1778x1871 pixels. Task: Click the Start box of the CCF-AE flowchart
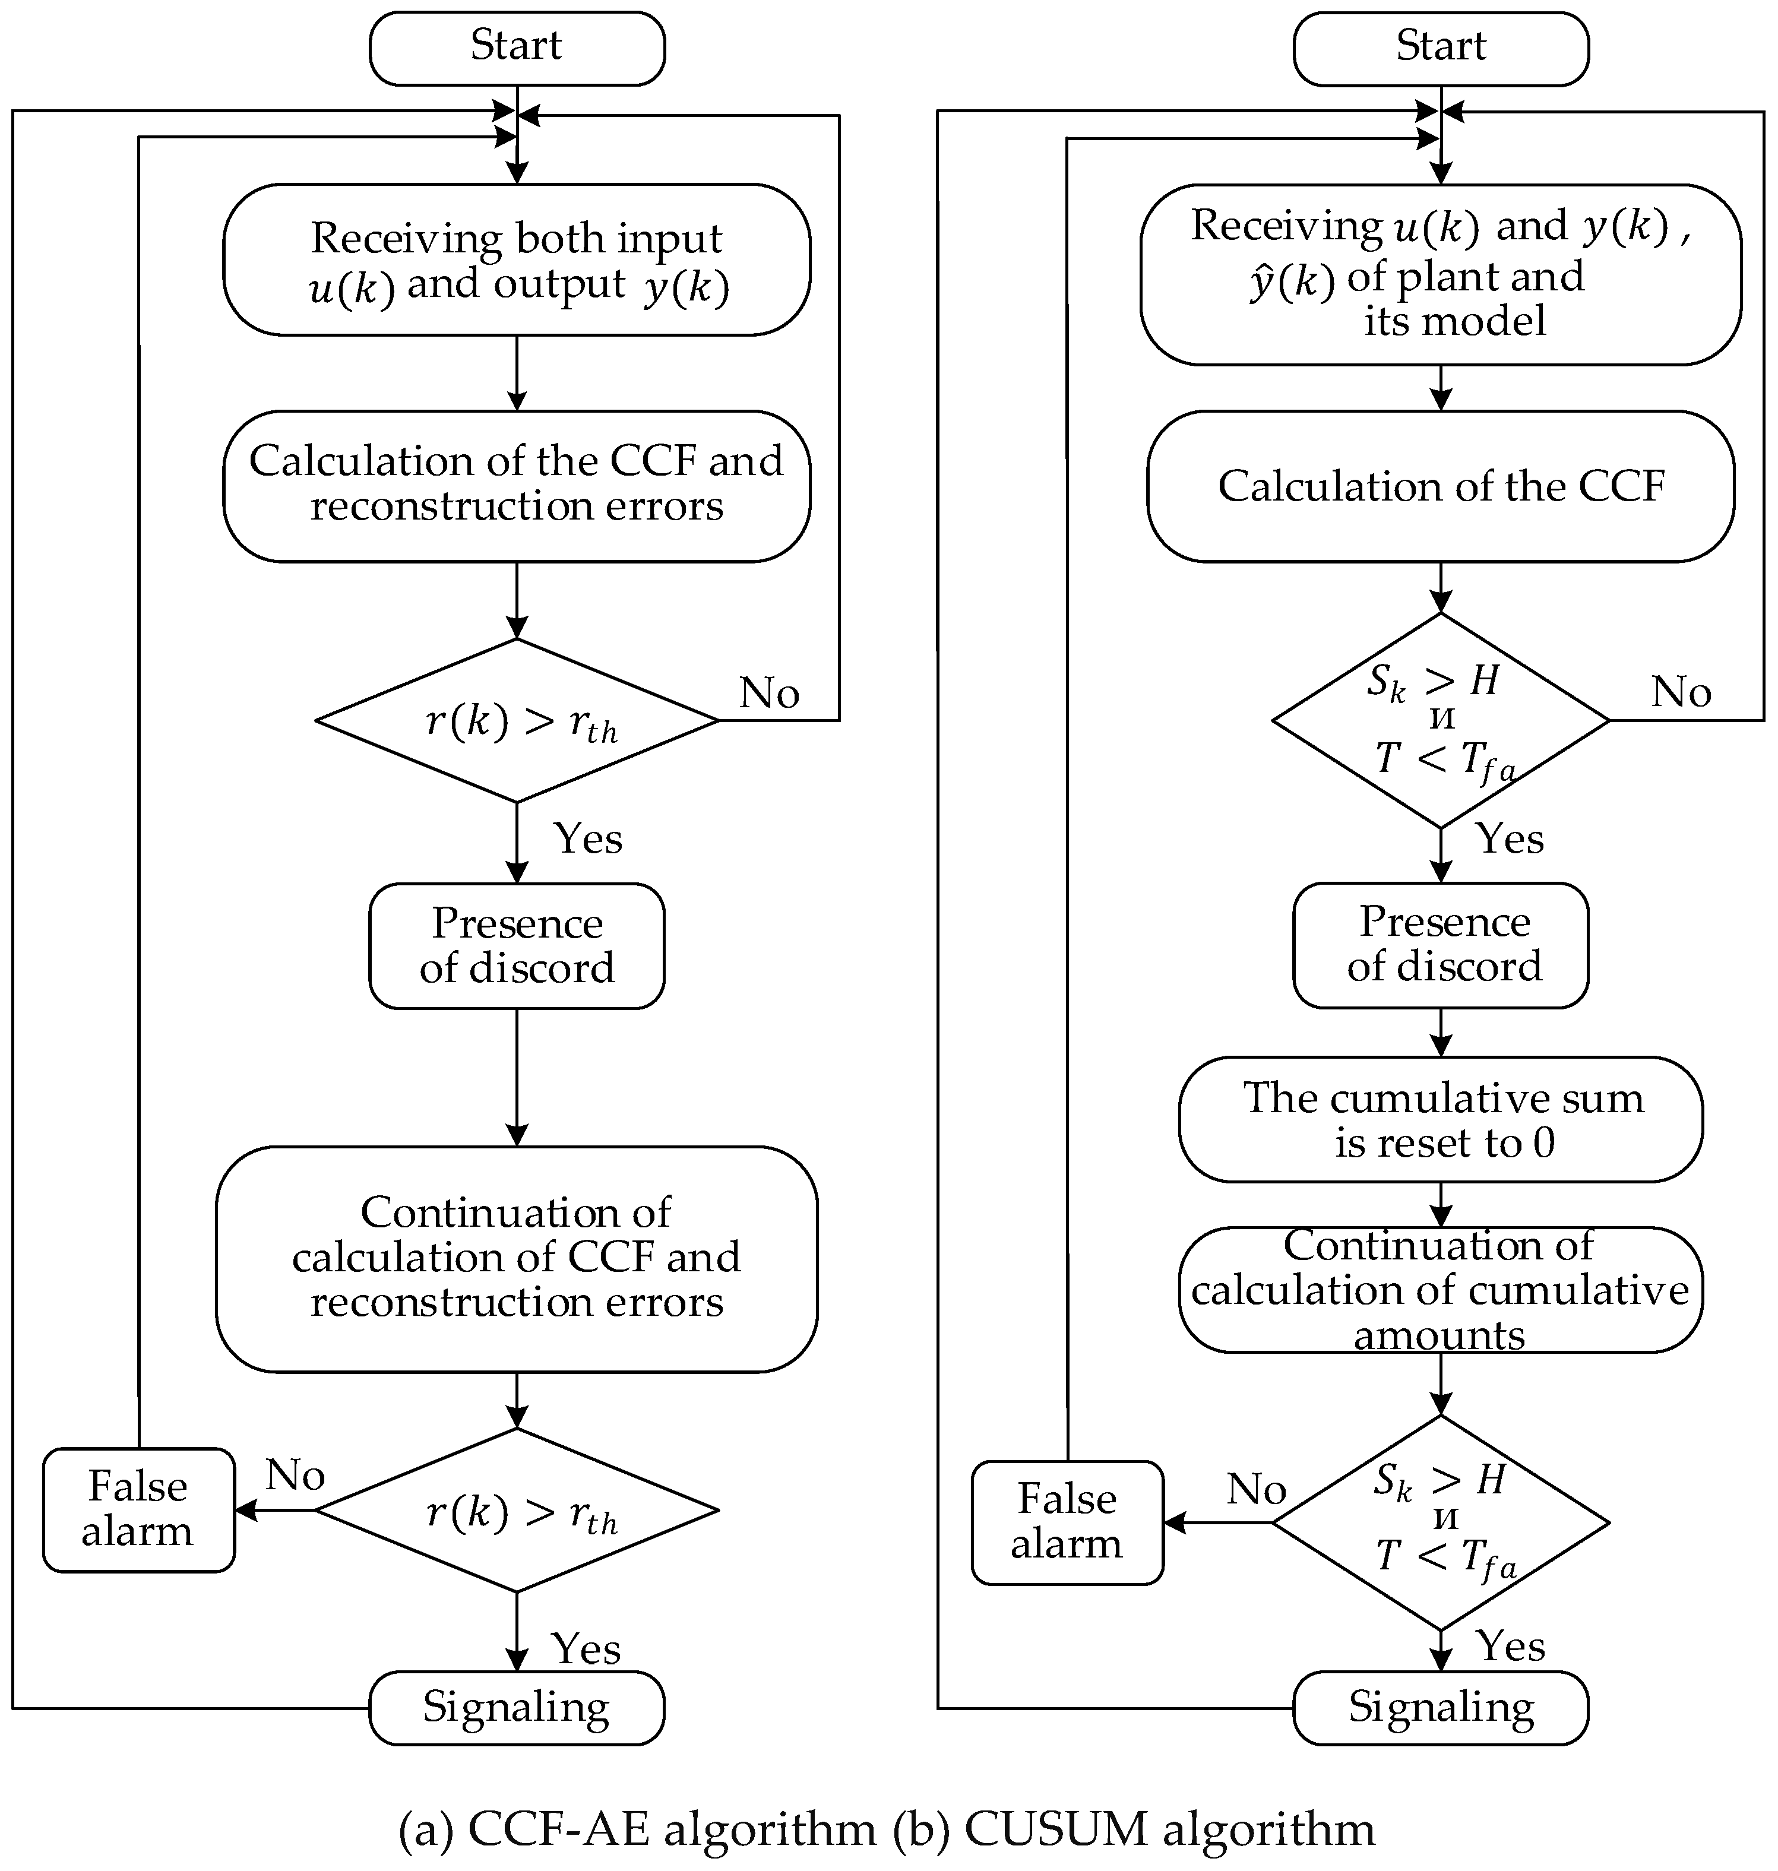tap(517, 48)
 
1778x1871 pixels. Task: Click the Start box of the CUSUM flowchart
tap(1441, 48)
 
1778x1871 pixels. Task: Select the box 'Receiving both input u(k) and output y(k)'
tap(517, 259)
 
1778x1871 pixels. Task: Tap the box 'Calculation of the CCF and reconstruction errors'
tap(517, 485)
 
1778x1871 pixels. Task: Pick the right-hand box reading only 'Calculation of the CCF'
tap(1441, 485)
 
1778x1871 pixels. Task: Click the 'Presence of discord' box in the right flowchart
tap(1441, 945)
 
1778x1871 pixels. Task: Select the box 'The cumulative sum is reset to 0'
tap(1441, 1119)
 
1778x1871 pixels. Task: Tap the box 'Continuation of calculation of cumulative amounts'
tap(1441, 1290)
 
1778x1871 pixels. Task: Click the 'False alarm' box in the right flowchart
tap(1067, 1522)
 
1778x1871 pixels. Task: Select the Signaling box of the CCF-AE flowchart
tap(517, 1708)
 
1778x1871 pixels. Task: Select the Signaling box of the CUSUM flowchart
tap(1441, 1708)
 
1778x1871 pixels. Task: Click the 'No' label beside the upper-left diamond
tap(768, 693)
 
